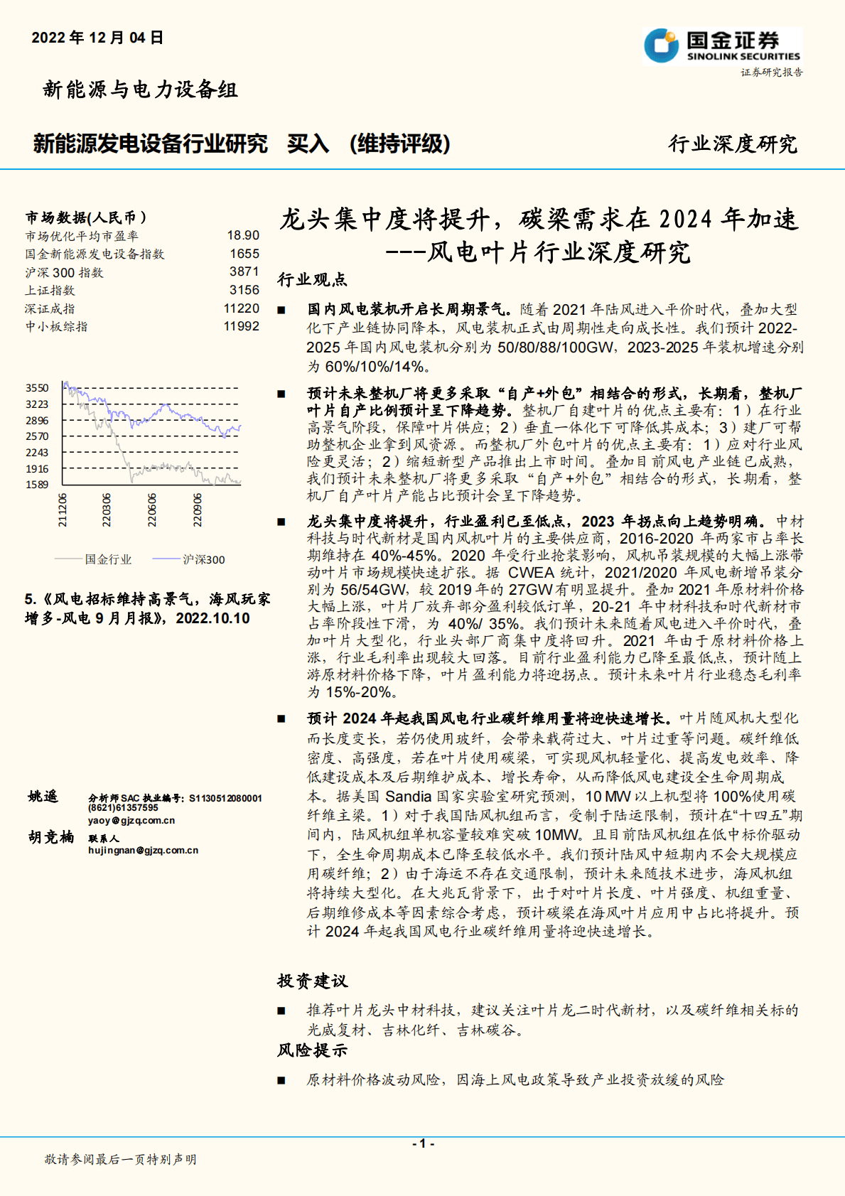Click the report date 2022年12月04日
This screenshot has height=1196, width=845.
click(x=97, y=38)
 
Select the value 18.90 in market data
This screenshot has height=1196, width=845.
click(x=243, y=235)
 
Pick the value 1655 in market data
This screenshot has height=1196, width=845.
click(x=244, y=254)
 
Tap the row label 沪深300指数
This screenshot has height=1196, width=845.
click(x=64, y=272)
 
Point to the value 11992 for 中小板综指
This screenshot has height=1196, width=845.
click(x=241, y=326)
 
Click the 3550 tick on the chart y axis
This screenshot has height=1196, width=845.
click(x=37, y=388)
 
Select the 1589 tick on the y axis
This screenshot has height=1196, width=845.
click(x=37, y=485)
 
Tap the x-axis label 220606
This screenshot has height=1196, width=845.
click(x=152, y=510)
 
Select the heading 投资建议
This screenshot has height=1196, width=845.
click(x=312, y=981)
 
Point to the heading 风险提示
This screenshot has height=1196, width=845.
click(x=312, y=1050)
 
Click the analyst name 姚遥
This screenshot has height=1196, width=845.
click(x=43, y=797)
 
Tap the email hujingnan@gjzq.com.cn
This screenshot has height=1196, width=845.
click(x=143, y=850)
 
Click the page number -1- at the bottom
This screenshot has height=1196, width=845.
click(x=423, y=1143)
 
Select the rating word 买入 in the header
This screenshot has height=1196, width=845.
click(x=308, y=144)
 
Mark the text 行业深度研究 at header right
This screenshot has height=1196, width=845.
click(x=733, y=144)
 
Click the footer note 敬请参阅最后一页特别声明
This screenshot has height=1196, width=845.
click(x=120, y=1159)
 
